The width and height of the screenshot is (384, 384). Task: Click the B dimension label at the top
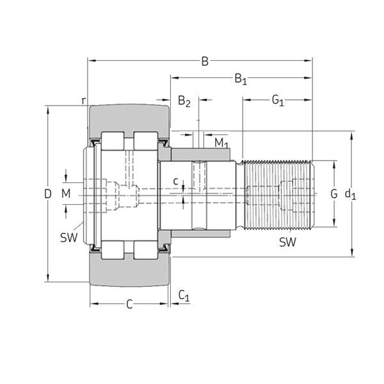click(205, 61)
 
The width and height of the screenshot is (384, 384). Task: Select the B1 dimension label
click(240, 79)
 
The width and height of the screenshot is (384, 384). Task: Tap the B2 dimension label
click(184, 100)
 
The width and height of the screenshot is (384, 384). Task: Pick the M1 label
click(221, 142)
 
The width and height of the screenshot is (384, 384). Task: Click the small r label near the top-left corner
click(83, 100)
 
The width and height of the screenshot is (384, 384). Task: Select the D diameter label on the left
click(47, 194)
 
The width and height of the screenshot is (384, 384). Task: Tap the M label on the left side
click(66, 193)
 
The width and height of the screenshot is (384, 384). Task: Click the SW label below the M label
click(68, 237)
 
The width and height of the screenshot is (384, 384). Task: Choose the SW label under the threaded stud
click(287, 242)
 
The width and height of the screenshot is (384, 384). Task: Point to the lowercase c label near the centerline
click(176, 182)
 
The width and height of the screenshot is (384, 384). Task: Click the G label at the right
click(333, 193)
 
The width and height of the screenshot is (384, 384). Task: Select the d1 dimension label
click(350, 194)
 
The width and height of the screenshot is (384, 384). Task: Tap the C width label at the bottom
click(129, 305)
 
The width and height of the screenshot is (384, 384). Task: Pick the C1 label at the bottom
click(184, 295)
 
